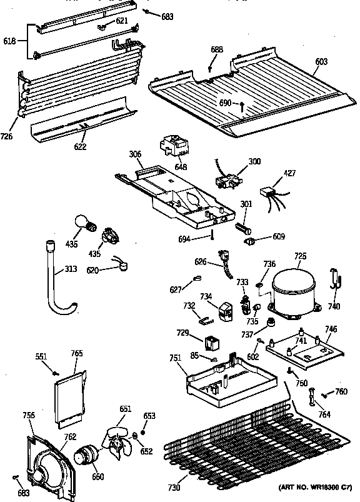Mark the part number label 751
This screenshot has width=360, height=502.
point(176,358)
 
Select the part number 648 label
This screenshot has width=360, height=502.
point(181,166)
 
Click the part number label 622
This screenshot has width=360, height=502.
point(80,147)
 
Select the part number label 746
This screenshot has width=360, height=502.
point(331,328)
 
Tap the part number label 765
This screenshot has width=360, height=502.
point(77,353)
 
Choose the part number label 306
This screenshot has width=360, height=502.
point(135,154)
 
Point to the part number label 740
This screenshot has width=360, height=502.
point(334,306)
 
